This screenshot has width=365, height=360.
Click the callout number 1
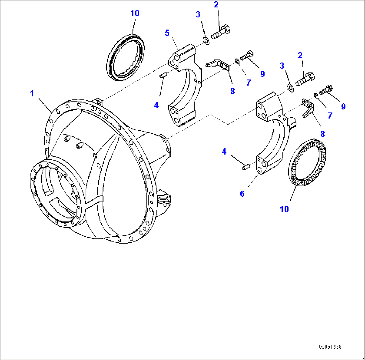32,94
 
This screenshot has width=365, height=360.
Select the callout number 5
167,33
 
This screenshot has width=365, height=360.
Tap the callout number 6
242,194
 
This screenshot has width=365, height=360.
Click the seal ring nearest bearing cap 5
128,57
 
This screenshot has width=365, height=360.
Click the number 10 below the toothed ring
284,209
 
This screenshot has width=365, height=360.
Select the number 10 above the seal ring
135,13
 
